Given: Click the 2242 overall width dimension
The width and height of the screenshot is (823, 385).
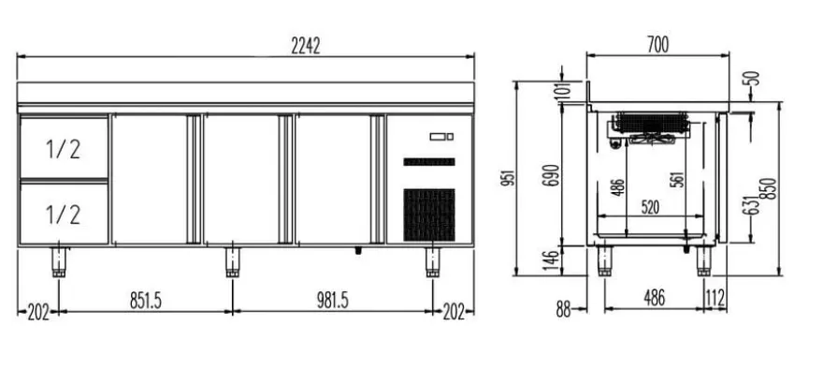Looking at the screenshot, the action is coord(306,46).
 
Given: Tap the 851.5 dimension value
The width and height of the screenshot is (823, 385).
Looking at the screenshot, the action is coord(146,301).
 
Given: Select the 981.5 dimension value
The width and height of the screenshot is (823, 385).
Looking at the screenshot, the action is coord(333,301).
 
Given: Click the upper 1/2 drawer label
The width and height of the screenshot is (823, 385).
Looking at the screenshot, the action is coord(63,149).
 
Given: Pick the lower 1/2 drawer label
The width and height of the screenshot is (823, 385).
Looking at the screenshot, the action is coord(63,215).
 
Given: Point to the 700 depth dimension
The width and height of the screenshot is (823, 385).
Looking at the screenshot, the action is coord(657,45).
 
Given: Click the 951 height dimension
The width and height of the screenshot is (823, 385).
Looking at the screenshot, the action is coord(508,178).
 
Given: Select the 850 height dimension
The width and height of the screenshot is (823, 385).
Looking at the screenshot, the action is coord(770,188).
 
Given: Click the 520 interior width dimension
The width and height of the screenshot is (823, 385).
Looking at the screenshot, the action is coord(650,207).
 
